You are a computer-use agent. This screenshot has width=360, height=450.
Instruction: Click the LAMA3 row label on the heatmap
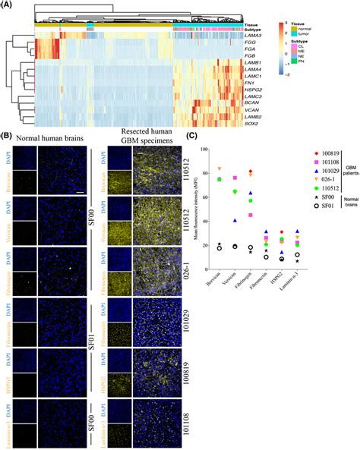pyautogui.click(x=255, y=35)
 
